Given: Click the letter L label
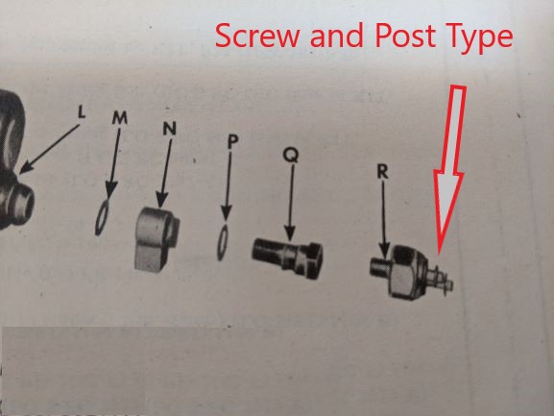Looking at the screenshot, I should tap(81, 111).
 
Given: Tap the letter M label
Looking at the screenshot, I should tap(119, 117).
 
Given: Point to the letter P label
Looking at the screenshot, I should tap(232, 141).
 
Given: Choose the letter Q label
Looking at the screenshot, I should tap(290, 154).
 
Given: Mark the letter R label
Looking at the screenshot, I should tap(381, 173).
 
